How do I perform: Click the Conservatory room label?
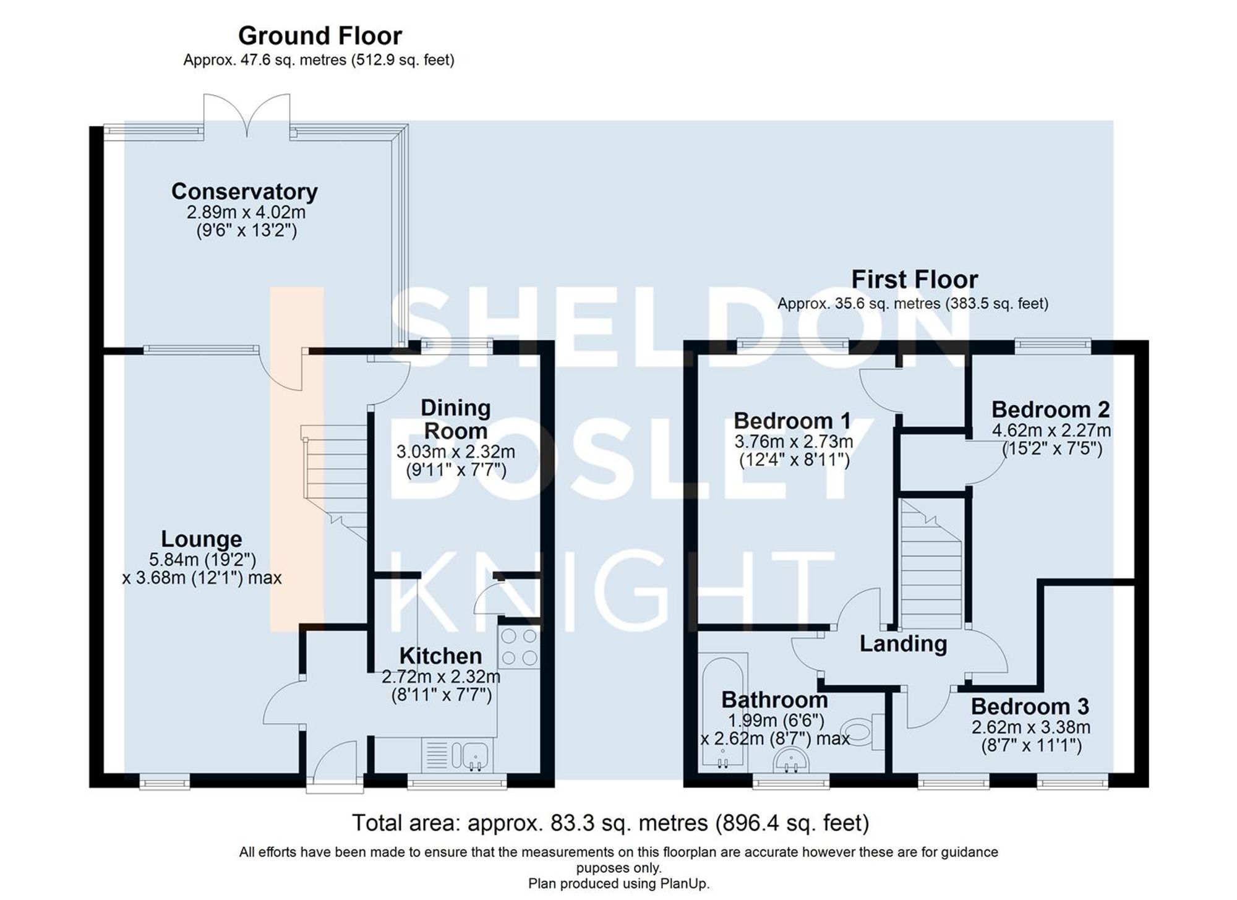(244, 191)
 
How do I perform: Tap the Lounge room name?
(201, 539)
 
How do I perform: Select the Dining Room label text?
(455, 419)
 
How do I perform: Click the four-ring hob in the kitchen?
(519, 647)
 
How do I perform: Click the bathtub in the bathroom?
(722, 711)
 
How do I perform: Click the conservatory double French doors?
(247, 115)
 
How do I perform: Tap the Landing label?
(903, 644)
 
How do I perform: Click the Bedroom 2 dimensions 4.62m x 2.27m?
(1051, 430)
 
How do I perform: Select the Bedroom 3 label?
(1030, 706)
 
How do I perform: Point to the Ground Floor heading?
(320, 36)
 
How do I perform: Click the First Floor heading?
(914, 280)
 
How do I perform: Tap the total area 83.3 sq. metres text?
(610, 823)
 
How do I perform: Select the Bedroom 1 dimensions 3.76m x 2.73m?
(794, 442)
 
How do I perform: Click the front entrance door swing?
(334, 764)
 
